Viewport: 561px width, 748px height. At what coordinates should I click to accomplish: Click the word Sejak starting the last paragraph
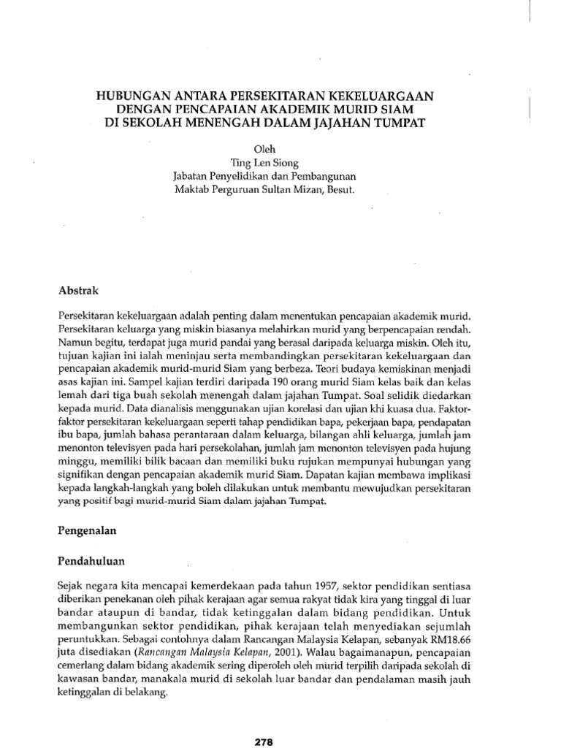[x=69, y=587]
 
